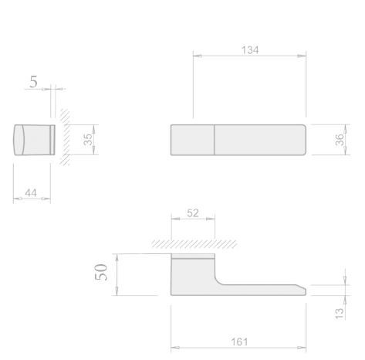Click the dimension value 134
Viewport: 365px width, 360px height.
249,49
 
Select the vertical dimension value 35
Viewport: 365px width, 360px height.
88,140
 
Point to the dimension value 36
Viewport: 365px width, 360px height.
340,140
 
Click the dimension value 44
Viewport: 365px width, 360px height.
32,192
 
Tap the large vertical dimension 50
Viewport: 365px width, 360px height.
101,273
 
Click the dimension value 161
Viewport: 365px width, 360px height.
238,341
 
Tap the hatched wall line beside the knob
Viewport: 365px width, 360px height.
63,139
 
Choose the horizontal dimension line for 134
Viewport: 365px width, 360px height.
249,56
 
